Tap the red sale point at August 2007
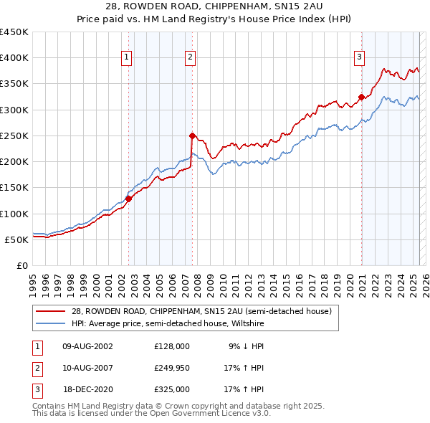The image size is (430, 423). (192, 135)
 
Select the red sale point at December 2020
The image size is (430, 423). (361, 97)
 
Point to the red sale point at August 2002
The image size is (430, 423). (129, 199)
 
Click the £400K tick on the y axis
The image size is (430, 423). (14, 58)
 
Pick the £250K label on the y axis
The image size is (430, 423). (14, 136)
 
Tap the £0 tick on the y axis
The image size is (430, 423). (22, 265)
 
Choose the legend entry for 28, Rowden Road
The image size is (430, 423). (201, 312)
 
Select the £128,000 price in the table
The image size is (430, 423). (172, 346)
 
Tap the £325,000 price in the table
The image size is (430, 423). (172, 389)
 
